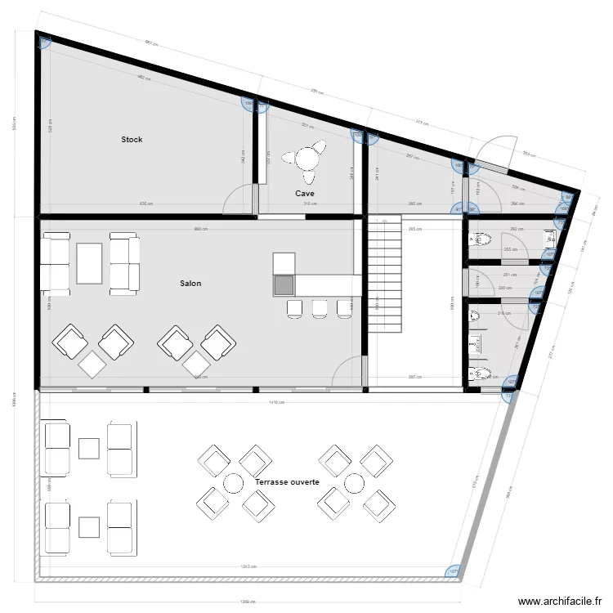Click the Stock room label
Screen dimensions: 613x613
132,140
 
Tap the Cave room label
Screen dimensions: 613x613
306,194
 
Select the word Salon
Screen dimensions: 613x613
190,284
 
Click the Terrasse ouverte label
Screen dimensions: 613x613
286,483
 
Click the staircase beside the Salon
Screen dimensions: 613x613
385,275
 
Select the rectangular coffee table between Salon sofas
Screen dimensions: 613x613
89,263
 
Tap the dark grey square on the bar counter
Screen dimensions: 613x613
284,285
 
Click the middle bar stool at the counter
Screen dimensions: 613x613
320,307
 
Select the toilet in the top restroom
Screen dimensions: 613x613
481,239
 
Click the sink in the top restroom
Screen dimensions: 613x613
550,238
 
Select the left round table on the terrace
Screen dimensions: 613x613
234,483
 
